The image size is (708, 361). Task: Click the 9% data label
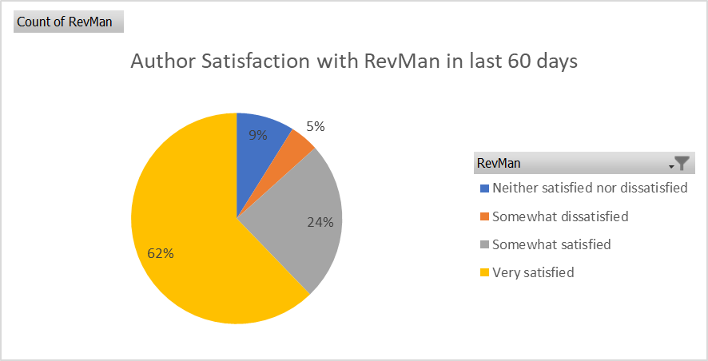(257, 136)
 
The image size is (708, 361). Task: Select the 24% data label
(320, 223)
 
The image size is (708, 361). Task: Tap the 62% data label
(161, 253)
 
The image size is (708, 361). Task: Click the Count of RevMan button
(69, 21)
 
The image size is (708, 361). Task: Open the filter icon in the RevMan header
(681, 164)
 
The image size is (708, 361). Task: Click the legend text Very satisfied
(533, 272)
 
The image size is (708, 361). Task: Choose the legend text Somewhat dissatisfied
(560, 216)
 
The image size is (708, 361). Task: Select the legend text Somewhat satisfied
(551, 244)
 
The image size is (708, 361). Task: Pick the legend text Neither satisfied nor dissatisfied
(590, 188)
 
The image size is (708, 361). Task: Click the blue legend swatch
(484, 189)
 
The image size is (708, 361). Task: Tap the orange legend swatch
(484, 217)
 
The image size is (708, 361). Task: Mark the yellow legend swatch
(484, 273)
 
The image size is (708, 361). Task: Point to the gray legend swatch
(484, 245)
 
